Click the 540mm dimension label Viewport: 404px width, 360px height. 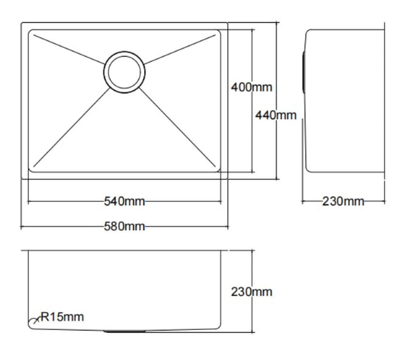(124, 201)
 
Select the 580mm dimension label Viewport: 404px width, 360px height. (124, 226)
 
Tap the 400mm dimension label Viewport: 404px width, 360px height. (252, 87)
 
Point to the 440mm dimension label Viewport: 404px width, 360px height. (276, 115)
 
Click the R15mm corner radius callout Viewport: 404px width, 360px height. (62, 317)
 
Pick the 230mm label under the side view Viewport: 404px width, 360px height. (343, 201)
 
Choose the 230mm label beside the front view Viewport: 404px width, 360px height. (252, 291)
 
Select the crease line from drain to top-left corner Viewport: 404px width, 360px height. (69, 49)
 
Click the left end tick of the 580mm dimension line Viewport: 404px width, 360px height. (21, 227)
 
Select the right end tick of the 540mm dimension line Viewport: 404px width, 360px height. (221, 201)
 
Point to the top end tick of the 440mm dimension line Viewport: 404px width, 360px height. (277, 23)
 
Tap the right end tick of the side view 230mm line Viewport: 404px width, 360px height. (384, 201)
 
